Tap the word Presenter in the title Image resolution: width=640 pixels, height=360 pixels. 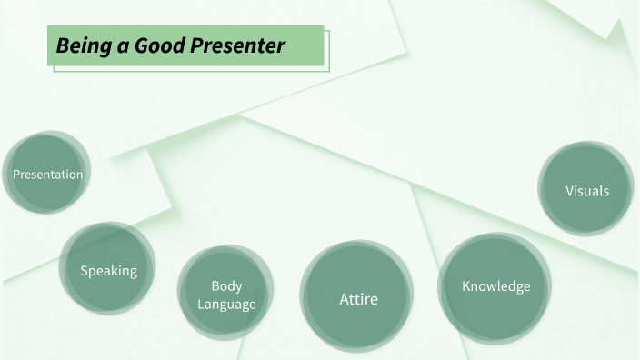point(238,45)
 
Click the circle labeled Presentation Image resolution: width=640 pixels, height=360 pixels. point(46,174)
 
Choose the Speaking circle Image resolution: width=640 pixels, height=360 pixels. point(108,270)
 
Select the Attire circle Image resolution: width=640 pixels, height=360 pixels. point(358,298)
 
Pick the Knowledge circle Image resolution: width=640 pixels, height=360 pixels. point(495,286)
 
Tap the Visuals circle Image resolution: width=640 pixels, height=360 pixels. point(586,191)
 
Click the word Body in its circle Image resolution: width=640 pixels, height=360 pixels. point(226,286)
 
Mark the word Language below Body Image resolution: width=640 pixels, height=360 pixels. point(226,304)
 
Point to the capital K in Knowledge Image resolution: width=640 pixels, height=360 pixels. point(466,286)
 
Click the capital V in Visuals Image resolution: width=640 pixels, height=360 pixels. point(569,191)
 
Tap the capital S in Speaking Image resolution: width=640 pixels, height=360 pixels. point(84,270)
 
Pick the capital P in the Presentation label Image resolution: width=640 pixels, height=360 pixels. point(15,174)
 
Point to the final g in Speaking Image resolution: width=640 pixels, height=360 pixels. point(133,272)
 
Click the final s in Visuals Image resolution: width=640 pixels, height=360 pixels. point(605,191)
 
